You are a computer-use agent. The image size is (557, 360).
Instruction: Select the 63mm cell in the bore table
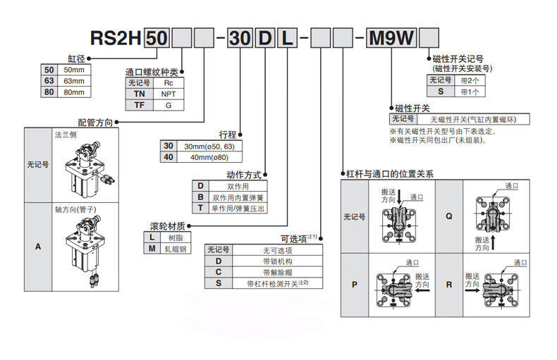[x=73, y=81]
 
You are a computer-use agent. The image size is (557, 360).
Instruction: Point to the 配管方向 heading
[x=94, y=122]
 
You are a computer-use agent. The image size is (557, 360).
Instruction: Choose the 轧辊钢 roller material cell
[x=176, y=249]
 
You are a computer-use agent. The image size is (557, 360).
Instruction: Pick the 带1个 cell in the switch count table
[x=469, y=92]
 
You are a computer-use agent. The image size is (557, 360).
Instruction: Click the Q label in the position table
[x=448, y=216]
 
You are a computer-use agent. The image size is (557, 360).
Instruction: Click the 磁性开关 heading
[x=412, y=107]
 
